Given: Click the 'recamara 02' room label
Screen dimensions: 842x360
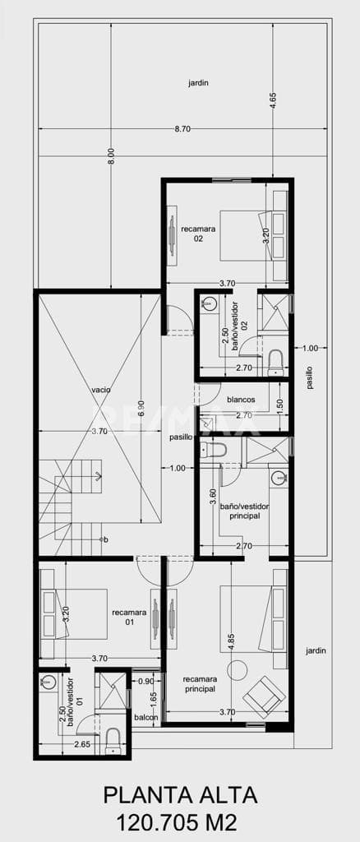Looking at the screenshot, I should coord(198,234).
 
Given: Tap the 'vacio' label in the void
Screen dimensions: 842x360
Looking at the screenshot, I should coord(101,389).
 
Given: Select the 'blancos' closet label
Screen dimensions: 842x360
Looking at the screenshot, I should coord(241,400).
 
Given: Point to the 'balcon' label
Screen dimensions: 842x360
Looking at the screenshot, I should coord(145,717).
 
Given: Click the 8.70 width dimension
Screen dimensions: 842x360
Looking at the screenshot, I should coord(182,129).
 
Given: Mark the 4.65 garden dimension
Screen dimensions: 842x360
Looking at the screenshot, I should coord(273,100).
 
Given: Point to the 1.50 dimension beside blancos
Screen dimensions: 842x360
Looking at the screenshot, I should coord(279,405).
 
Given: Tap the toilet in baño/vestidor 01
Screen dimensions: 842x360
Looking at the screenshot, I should coord(113,739).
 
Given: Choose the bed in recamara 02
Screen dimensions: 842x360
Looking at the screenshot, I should coord(243,235).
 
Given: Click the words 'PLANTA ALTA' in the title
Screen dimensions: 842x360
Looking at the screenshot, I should coord(180,796).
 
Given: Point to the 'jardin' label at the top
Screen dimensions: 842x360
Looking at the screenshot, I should coord(198,82).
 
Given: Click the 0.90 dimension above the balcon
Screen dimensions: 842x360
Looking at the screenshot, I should coord(145,682).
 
